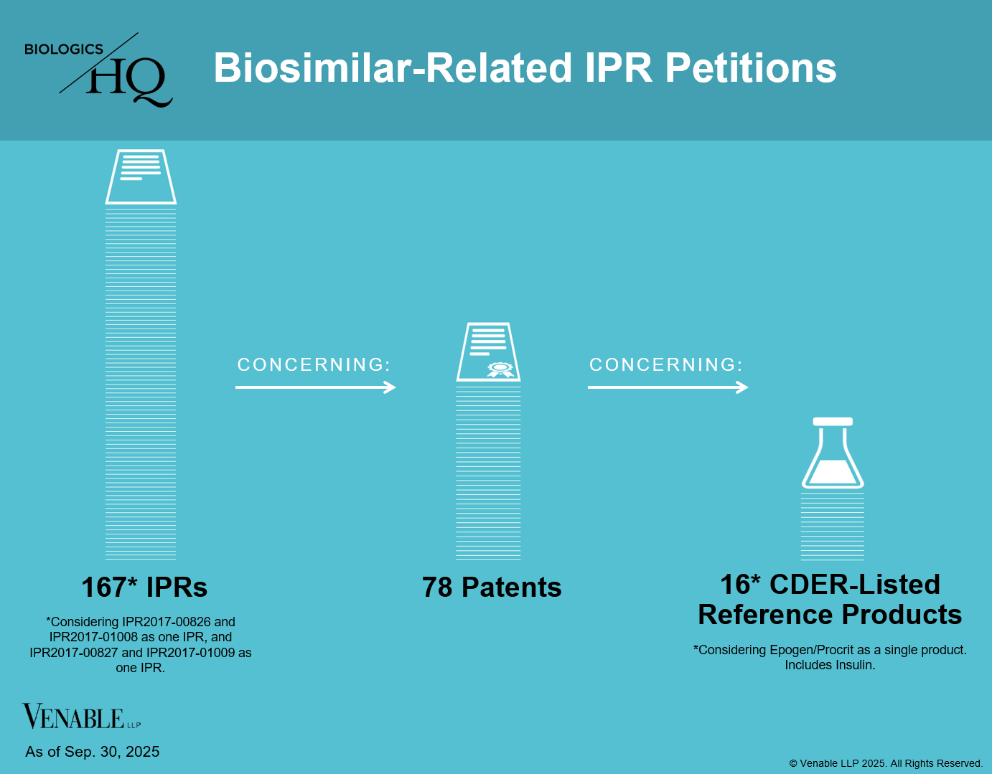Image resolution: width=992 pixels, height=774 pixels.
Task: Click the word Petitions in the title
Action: click(x=750, y=68)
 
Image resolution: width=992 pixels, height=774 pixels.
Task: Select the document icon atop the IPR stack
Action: click(x=141, y=176)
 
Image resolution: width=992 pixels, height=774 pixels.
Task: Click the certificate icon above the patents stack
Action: click(x=489, y=351)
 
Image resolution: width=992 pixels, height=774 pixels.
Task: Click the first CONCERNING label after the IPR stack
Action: click(x=314, y=365)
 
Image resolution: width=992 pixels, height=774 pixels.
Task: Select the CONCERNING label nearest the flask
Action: click(x=665, y=365)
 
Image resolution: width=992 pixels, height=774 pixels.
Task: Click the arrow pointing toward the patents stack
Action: click(x=316, y=387)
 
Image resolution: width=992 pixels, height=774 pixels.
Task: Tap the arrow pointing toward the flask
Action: click(x=668, y=387)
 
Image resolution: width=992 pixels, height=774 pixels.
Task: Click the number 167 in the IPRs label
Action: click(x=104, y=587)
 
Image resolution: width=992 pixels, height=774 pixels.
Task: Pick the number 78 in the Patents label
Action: click(x=437, y=587)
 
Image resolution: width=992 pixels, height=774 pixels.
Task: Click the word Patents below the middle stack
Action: click(x=511, y=587)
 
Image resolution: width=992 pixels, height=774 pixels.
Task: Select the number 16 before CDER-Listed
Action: click(x=735, y=585)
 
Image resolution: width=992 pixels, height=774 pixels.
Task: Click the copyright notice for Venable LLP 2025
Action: click(x=886, y=763)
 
